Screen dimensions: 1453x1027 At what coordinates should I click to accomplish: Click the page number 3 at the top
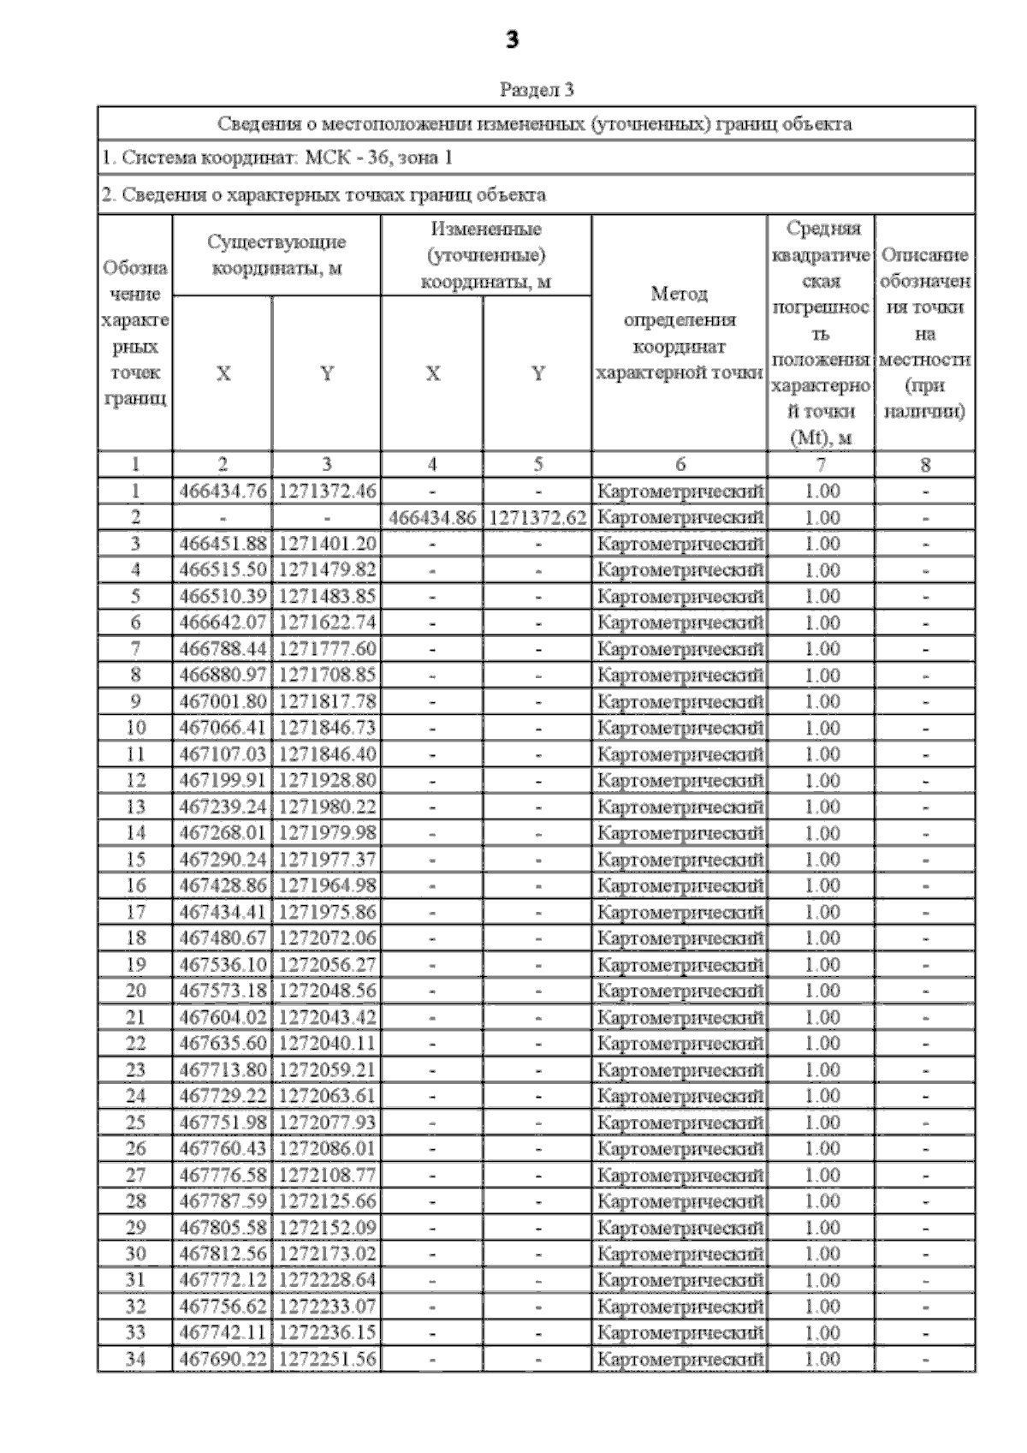(512, 39)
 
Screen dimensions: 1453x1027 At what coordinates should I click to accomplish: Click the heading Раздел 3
(536, 89)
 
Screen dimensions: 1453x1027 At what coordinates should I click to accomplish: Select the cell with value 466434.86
(431, 517)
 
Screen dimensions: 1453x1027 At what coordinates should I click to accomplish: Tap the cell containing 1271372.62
(537, 517)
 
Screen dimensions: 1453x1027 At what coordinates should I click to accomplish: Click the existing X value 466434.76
(223, 491)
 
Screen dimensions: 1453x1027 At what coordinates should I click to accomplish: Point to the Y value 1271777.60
(327, 648)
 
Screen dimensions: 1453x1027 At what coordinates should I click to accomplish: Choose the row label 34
(135, 1359)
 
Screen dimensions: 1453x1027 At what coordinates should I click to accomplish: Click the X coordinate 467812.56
(223, 1254)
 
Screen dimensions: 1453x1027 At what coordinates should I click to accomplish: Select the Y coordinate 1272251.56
(327, 1359)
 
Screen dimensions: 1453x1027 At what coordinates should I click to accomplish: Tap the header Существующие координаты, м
(276, 254)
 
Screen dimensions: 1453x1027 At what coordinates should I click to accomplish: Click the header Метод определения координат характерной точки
(680, 332)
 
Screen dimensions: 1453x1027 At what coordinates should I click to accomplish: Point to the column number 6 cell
(680, 464)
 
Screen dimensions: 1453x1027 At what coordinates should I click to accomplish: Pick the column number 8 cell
(924, 464)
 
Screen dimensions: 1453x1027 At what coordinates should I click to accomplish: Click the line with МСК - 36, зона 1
(277, 158)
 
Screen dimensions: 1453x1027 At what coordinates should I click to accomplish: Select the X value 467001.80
(223, 701)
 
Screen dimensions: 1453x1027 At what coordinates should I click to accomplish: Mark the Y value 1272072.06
(327, 938)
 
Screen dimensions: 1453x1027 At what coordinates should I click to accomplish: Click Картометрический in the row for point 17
(680, 912)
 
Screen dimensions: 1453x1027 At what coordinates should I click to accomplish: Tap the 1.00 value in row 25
(822, 1122)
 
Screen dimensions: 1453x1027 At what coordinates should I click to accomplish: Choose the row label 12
(135, 780)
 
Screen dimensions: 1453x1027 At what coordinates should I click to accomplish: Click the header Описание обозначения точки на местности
(924, 332)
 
